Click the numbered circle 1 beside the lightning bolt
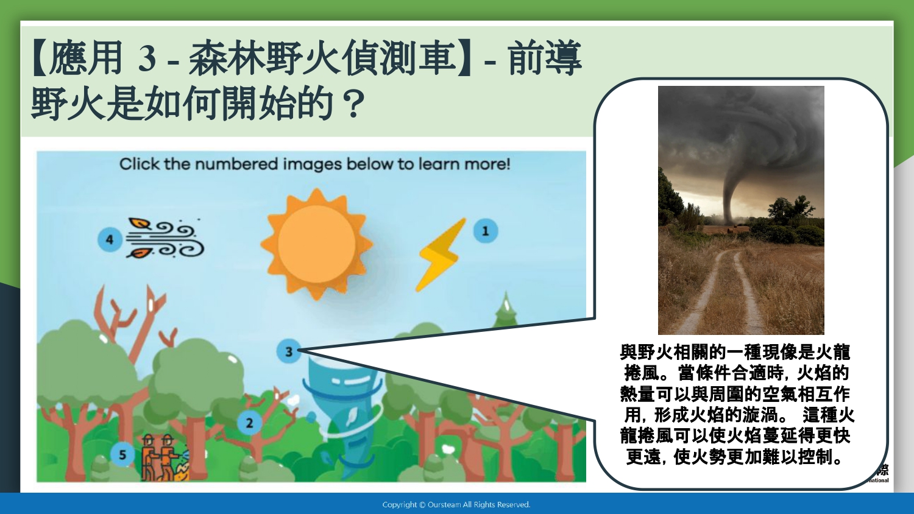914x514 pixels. coord(486,231)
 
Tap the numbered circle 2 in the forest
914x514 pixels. coord(249,423)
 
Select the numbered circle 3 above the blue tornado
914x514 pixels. coord(289,351)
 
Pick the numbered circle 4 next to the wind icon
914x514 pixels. coord(110,239)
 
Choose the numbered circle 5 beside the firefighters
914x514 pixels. coord(122,455)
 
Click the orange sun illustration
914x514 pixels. coord(317,244)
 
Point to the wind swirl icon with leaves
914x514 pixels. coord(165,238)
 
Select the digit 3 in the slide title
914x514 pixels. coord(147,60)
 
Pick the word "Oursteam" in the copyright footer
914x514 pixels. coord(444,505)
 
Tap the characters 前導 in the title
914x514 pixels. coord(544,58)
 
